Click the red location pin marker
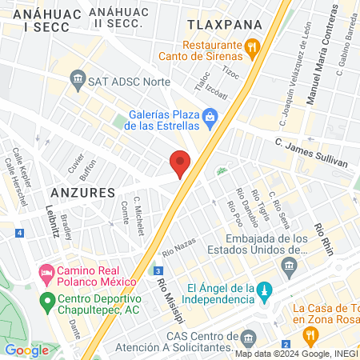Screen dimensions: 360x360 (181, 163)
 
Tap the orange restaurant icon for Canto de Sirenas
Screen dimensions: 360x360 (252, 47)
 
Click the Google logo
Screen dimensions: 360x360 (26, 350)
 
